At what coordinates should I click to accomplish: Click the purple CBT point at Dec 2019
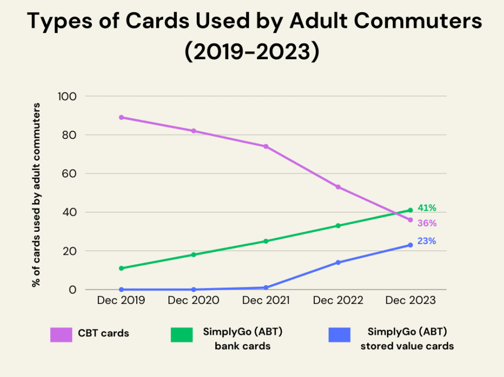click(x=121, y=117)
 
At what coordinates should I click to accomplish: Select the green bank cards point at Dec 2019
click(x=121, y=268)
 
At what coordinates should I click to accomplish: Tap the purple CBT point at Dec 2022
click(x=338, y=187)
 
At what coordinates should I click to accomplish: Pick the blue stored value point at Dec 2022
click(x=338, y=262)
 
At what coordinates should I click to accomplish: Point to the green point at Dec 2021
click(x=266, y=241)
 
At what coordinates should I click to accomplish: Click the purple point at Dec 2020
click(x=193, y=131)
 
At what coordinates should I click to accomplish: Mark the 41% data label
click(x=427, y=208)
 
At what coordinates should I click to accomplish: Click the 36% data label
click(x=427, y=223)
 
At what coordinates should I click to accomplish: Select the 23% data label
click(x=427, y=241)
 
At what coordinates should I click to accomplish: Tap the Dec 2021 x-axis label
click(x=266, y=301)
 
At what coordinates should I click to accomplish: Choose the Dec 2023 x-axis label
click(x=410, y=301)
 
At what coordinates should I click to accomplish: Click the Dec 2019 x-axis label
click(x=121, y=301)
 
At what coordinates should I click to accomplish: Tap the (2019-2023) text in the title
click(x=252, y=52)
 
